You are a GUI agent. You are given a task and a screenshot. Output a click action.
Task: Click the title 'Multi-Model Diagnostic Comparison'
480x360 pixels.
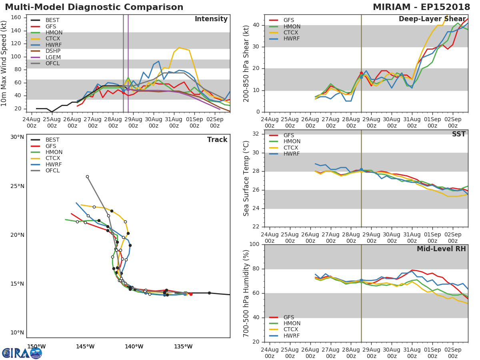pyautogui.click(x=94, y=7)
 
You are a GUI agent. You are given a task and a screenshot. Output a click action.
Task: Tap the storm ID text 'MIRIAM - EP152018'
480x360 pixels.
pyautogui.click(x=421, y=7)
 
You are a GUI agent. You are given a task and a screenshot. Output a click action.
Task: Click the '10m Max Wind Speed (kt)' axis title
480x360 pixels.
pyautogui.click(x=4, y=63)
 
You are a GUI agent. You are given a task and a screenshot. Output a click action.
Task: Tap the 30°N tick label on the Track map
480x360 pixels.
pyautogui.click(x=17, y=137)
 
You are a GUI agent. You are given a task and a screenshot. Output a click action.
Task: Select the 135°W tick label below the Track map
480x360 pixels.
pyautogui.click(x=183, y=346)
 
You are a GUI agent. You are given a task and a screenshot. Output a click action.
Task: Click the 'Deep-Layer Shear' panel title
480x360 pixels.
pyautogui.click(x=432, y=19)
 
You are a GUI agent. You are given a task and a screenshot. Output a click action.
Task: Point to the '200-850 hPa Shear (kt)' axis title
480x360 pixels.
pyautogui.click(x=246, y=63)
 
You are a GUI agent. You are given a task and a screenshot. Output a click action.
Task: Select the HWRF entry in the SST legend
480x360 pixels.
pyautogui.click(x=292, y=154)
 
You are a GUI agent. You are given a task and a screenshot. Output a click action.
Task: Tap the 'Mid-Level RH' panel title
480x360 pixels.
pyautogui.click(x=441, y=249)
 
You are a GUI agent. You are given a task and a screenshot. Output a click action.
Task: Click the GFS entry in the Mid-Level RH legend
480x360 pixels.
pyautogui.click(x=288, y=317)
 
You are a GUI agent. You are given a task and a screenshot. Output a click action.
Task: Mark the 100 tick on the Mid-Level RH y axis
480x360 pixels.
pyautogui.click(x=254, y=244)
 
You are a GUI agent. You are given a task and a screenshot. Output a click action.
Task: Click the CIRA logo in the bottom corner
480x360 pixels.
pyautogui.click(x=22, y=353)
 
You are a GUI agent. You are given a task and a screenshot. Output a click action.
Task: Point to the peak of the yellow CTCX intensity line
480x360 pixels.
pyautogui.click(x=179, y=48)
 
